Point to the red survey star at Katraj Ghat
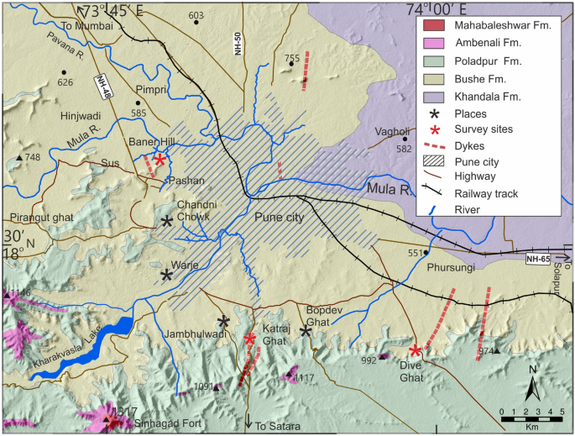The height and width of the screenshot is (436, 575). (250, 339)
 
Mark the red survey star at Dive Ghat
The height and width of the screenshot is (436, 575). (416, 350)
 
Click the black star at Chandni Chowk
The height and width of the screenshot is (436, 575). (168, 222)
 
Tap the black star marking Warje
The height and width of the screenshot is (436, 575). (167, 275)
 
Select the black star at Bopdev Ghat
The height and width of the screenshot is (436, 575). (306, 331)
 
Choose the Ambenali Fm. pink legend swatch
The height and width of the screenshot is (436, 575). (434, 43)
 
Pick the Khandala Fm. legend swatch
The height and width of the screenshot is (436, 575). (434, 97)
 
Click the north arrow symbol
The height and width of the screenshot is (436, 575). (533, 386)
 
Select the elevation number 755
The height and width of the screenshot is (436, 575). (292, 58)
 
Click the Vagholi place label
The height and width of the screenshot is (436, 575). (393, 130)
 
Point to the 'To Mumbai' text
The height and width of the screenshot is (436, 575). (102, 27)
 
